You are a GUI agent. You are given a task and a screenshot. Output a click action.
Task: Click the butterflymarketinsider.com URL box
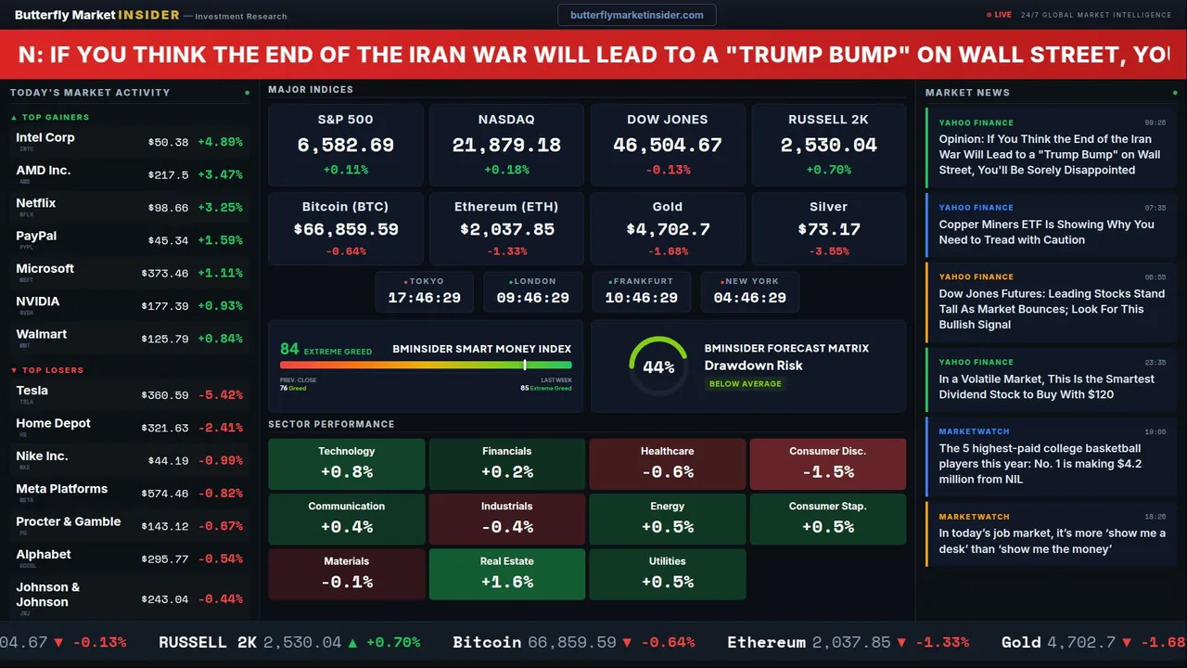click(x=636, y=15)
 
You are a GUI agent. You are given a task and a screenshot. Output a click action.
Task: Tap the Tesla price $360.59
click(x=167, y=395)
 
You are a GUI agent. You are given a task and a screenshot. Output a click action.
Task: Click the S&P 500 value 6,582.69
click(x=345, y=146)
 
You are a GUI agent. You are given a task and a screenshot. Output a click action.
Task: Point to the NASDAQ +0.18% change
click(x=506, y=170)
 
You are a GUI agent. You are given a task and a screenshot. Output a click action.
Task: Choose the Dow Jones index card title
click(x=668, y=120)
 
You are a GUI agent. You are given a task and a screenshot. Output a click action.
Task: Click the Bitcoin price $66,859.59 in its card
click(x=345, y=229)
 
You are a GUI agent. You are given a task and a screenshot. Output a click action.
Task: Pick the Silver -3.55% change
click(x=828, y=251)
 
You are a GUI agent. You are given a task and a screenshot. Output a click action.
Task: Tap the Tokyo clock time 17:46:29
click(x=425, y=298)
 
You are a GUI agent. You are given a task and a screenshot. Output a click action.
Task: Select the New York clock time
click(x=749, y=298)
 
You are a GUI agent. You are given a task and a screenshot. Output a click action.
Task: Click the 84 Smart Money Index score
click(x=289, y=349)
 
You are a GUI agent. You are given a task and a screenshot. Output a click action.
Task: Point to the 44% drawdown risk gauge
click(x=658, y=366)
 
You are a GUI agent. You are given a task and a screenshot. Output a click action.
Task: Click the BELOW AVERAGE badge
click(x=745, y=383)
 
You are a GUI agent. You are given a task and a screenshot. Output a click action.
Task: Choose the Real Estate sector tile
click(x=506, y=574)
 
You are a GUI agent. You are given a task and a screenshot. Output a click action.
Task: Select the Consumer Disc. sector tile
click(x=827, y=464)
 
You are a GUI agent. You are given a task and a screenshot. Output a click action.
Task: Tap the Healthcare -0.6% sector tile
click(x=667, y=464)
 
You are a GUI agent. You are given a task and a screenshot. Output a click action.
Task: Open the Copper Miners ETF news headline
click(x=1046, y=232)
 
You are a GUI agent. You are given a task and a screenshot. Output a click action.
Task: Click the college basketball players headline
click(x=1040, y=464)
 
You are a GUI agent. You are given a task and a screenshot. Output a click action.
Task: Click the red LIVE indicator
click(x=999, y=15)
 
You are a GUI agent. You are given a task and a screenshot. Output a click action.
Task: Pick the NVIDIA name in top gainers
click(x=38, y=302)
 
